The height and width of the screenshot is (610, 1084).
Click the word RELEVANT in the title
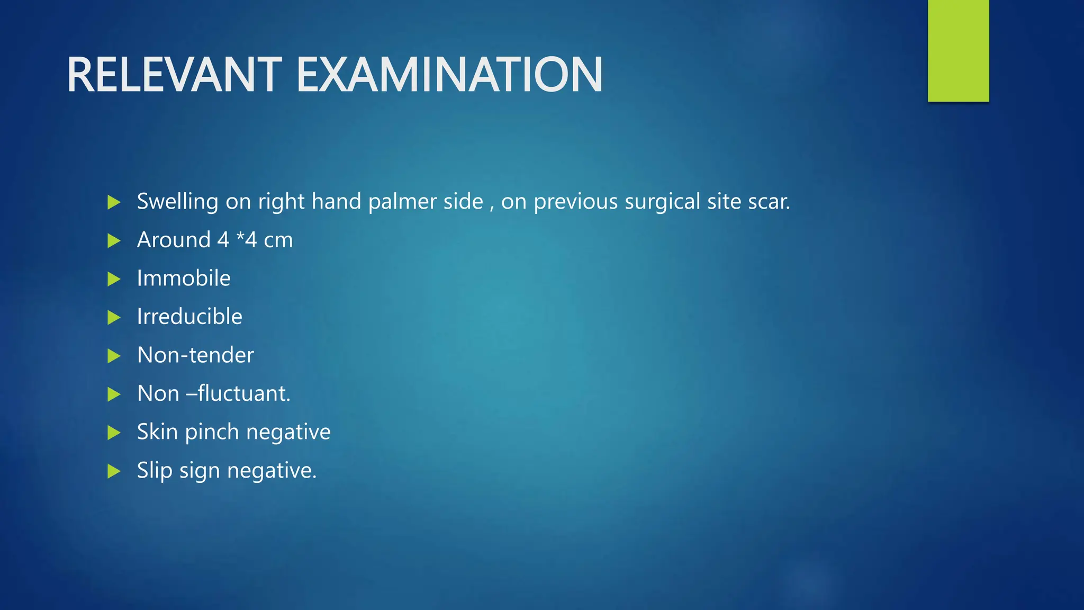coord(174,75)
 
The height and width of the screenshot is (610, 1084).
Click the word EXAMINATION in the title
coord(449,75)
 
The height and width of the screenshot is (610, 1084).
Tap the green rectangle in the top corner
coord(958,50)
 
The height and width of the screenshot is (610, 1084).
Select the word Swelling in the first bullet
coord(177,202)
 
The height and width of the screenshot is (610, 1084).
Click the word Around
coord(174,240)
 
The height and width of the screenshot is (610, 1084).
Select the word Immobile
coord(184,279)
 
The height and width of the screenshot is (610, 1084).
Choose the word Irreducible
coord(189,317)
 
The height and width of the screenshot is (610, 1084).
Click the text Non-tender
coord(195,355)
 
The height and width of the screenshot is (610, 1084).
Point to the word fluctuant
coord(244,393)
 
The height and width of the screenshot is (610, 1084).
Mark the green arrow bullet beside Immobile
coord(114,279)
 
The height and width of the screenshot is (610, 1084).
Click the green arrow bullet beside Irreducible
coord(114,318)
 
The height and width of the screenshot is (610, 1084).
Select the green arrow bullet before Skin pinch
coord(114,433)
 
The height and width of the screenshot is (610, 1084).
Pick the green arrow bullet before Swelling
coord(114,202)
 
